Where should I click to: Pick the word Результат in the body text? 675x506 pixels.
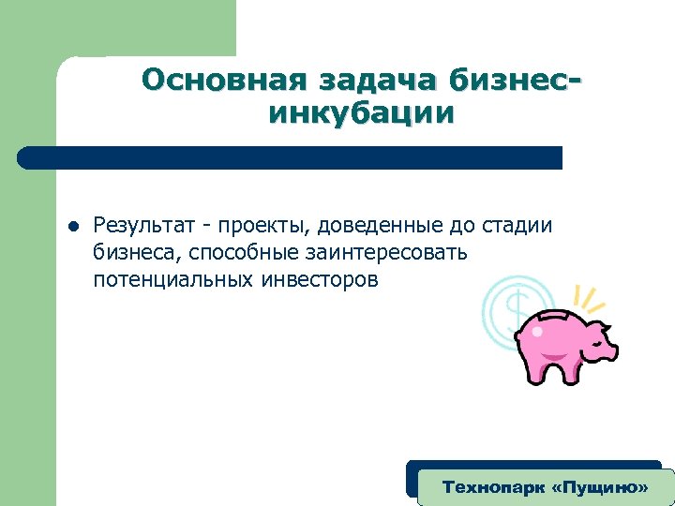pos(143,226)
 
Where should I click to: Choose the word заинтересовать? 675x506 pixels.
pos(384,253)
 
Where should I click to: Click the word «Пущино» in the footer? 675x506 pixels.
pos(594,488)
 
